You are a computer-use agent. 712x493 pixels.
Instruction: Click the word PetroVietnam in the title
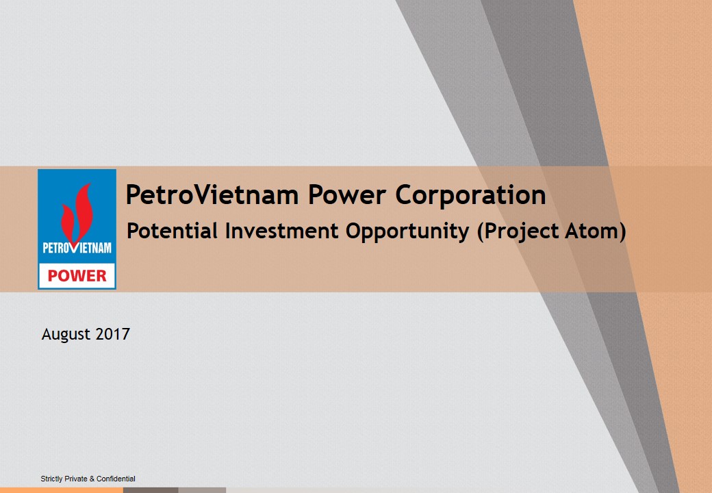pyautogui.click(x=212, y=194)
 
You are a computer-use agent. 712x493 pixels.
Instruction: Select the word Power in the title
pyautogui.click(x=347, y=194)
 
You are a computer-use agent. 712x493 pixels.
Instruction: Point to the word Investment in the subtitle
pyautogui.click(x=282, y=231)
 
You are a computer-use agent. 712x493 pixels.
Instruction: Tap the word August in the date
pyautogui.click(x=66, y=335)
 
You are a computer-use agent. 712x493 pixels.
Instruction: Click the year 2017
pyautogui.click(x=113, y=334)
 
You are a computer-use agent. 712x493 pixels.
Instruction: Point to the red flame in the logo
pyautogui.click(x=77, y=212)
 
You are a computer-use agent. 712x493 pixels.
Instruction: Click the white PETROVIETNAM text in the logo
pyautogui.click(x=77, y=248)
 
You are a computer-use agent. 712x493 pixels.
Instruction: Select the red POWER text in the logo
pyautogui.click(x=77, y=276)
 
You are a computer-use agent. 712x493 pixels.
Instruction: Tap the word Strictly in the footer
pyautogui.click(x=51, y=479)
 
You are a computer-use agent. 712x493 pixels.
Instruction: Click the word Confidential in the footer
pyautogui.click(x=116, y=479)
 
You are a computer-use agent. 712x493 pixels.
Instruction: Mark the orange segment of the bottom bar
pyautogui.click(x=62, y=490)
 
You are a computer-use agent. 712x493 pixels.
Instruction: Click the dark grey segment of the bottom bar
pyautogui.click(x=151, y=490)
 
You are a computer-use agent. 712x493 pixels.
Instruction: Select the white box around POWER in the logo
pyautogui.click(x=77, y=275)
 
